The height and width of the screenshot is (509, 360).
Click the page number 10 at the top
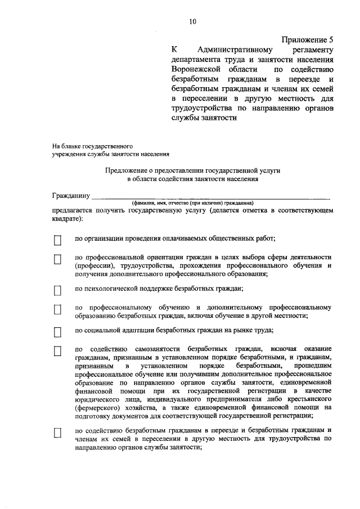click(x=193, y=22)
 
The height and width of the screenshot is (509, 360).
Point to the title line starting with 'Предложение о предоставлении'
click(x=192, y=169)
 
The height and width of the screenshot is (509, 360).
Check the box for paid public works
click(x=57, y=240)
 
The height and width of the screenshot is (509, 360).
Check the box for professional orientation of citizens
click(x=57, y=260)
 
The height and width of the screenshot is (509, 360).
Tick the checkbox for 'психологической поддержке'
click(x=57, y=290)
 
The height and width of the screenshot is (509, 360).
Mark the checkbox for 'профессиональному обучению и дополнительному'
click(x=57, y=310)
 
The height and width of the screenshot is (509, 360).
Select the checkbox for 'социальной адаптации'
click(x=57, y=332)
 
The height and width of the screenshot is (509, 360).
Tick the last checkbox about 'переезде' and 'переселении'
click(x=57, y=433)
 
